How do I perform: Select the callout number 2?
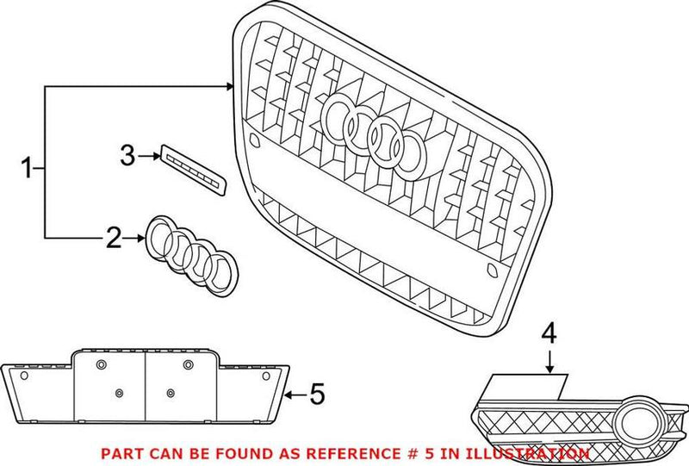point(114,238)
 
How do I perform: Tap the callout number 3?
point(127,156)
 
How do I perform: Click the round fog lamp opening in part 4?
point(637,418)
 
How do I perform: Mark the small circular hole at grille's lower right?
point(493,271)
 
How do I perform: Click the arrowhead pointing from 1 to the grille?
point(230,86)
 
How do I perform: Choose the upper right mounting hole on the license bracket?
point(188,366)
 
